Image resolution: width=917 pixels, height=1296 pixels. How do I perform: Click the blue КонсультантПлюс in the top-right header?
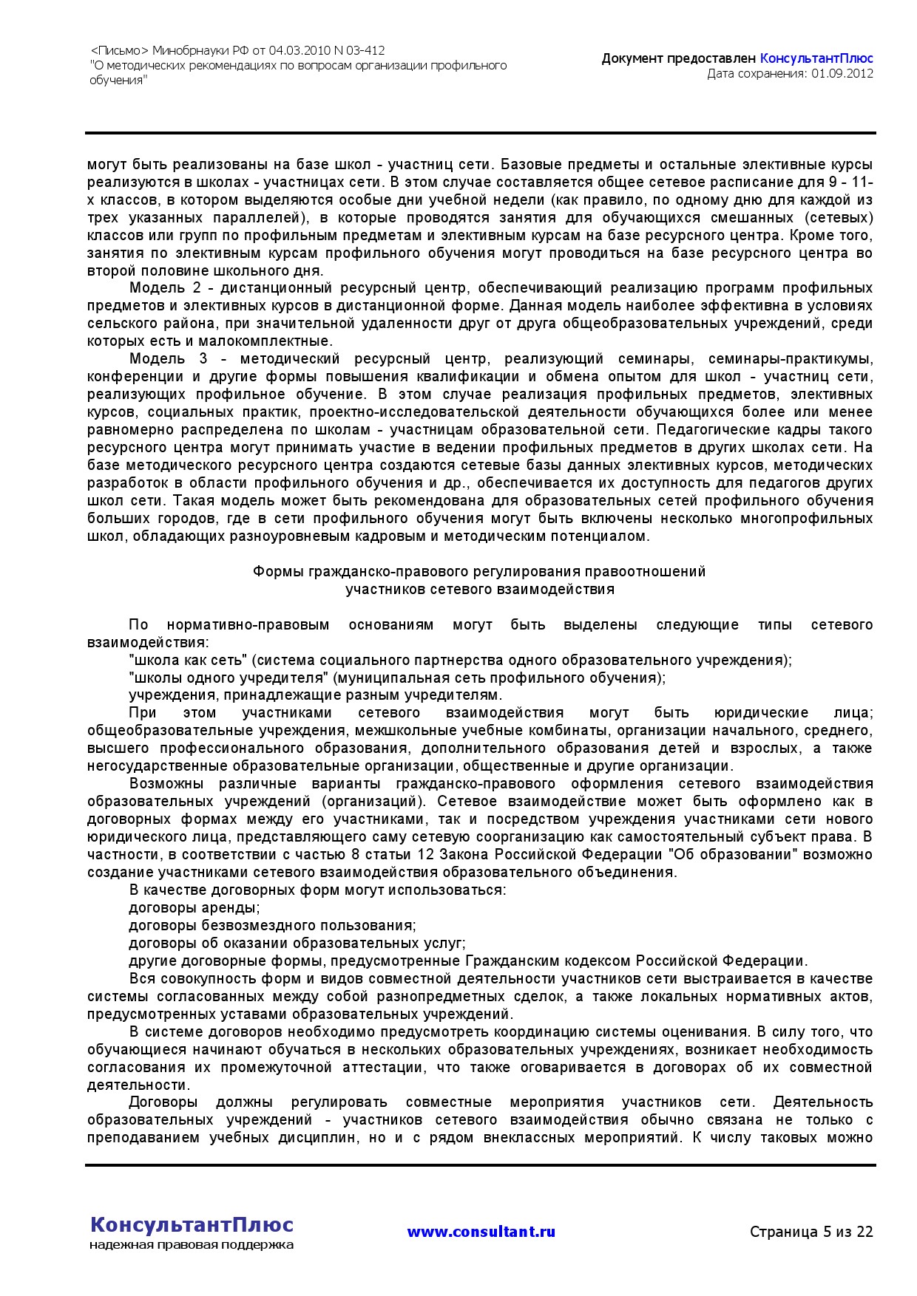(816, 58)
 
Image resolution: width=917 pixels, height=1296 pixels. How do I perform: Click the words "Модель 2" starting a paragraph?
(157, 288)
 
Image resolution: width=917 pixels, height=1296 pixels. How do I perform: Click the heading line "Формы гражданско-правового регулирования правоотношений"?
(479, 572)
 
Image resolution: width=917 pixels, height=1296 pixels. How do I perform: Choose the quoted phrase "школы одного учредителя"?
(228, 678)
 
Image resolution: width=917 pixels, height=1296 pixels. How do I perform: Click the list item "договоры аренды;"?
(194, 908)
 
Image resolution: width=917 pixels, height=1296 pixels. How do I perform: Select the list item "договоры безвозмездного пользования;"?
(272, 926)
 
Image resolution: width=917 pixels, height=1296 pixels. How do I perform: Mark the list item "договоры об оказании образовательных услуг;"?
(297, 944)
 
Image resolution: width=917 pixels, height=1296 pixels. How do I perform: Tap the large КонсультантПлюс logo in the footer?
(192, 1225)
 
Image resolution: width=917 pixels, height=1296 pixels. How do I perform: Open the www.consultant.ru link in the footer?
(481, 1232)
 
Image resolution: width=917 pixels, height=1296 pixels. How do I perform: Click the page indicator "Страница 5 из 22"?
(811, 1232)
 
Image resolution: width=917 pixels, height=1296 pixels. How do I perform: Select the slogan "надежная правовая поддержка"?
(192, 1245)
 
